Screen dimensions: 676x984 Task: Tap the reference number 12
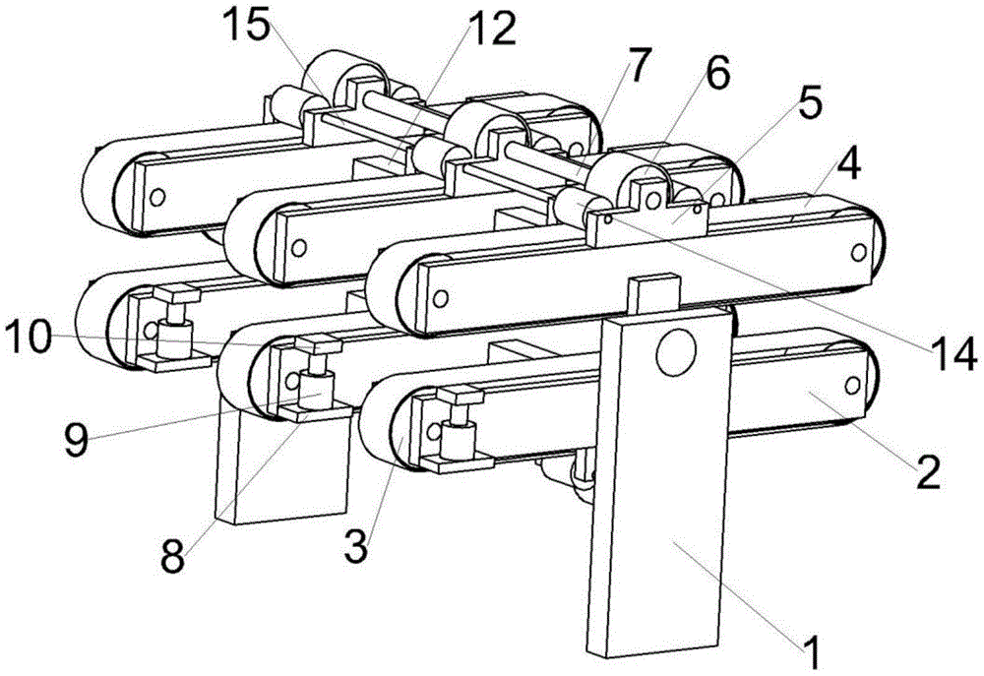490,30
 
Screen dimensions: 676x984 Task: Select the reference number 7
639,65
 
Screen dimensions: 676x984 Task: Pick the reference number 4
848,164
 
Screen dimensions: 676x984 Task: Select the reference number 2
928,474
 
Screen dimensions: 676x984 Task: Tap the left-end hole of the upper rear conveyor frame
155,197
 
